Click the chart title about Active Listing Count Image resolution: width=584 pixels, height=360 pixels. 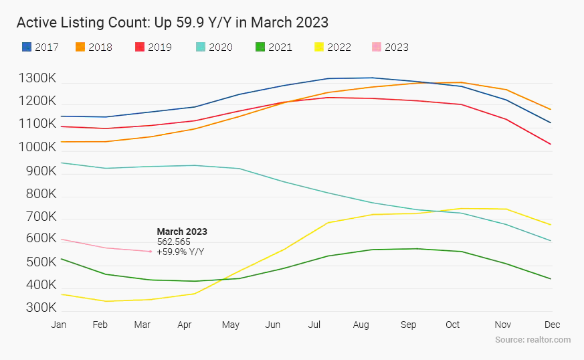click(172, 22)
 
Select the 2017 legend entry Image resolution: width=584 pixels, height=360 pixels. click(41, 48)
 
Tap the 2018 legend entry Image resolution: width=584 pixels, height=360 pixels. click(94, 48)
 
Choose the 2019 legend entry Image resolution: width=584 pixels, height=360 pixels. click(153, 48)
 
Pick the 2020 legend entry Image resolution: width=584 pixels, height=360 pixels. click(214, 48)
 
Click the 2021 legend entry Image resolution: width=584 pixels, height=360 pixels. click(273, 48)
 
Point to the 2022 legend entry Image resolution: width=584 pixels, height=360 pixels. click(332, 48)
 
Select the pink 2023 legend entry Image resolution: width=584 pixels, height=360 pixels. click(389, 48)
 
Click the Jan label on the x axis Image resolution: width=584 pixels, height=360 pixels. click(59, 325)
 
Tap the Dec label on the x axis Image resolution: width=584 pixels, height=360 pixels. click(552, 325)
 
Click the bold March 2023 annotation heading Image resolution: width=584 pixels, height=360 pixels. click(182, 232)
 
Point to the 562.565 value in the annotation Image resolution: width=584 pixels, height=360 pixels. click(174, 242)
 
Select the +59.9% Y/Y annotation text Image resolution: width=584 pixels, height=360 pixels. click(181, 252)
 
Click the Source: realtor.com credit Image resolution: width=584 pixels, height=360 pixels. click(532, 340)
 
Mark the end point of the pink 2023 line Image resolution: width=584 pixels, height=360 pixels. click(151, 252)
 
